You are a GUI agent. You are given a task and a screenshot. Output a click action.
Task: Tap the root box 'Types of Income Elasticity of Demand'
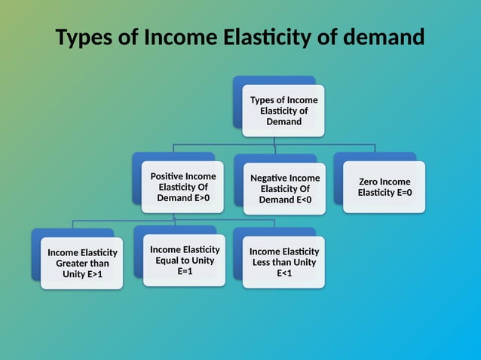[283, 111]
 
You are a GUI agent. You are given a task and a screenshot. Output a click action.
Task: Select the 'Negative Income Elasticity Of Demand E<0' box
[284, 189]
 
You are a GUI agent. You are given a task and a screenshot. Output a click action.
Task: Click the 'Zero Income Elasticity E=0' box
[384, 187]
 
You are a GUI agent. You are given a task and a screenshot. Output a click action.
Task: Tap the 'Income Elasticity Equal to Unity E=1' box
[185, 260]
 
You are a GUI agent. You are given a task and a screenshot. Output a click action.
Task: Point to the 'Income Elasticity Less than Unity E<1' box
[283, 262]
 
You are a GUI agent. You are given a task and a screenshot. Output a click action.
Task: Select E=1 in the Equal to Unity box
[185, 271]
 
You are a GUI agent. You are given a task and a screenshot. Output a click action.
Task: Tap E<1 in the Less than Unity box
[283, 273]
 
